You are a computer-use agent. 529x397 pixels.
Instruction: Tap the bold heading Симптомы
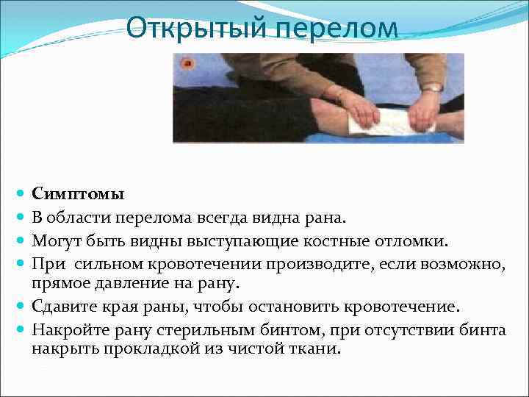[78, 195]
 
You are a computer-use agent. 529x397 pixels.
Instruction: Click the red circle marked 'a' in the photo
[187, 64]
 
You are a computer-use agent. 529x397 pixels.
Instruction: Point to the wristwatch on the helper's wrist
[432, 87]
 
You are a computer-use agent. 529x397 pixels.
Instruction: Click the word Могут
[54, 239]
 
